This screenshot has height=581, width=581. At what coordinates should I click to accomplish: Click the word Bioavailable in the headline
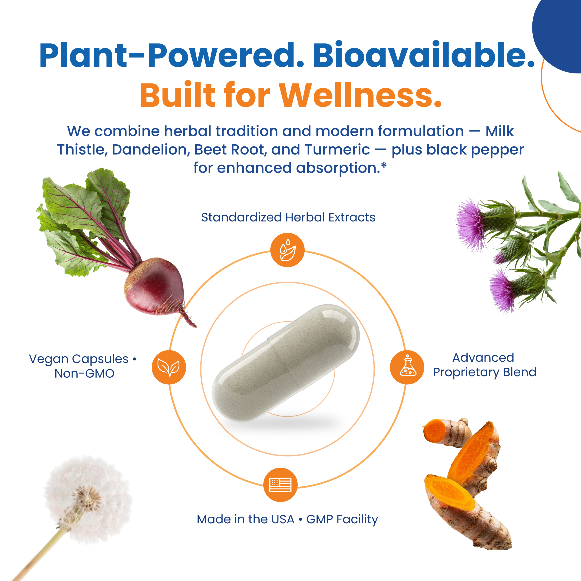[x=424, y=55]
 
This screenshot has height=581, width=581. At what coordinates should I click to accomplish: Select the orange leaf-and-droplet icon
[x=287, y=250]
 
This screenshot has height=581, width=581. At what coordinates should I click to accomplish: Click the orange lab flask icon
[x=407, y=367]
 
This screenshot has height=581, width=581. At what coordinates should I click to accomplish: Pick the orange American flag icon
[x=281, y=485]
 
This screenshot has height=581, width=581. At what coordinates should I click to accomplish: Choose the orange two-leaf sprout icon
[x=169, y=367]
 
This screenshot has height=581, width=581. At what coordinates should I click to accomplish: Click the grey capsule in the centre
[x=286, y=363]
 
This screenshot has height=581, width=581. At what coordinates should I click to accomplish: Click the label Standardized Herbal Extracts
[x=288, y=217]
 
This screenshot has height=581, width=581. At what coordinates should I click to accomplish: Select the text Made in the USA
[x=245, y=519]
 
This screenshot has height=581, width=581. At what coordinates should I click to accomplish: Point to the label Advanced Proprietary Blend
[x=485, y=365]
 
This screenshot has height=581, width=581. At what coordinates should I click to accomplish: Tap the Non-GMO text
[x=85, y=373]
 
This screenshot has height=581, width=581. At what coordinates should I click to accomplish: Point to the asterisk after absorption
[x=383, y=165]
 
